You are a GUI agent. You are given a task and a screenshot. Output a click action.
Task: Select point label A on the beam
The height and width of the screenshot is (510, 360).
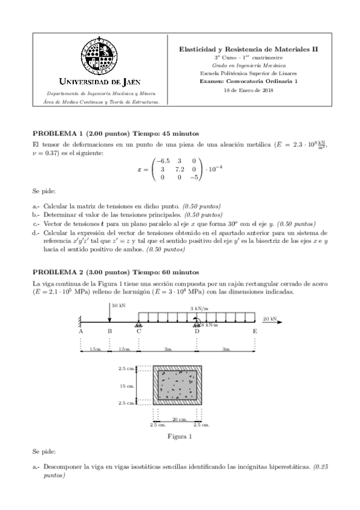(x=81, y=331)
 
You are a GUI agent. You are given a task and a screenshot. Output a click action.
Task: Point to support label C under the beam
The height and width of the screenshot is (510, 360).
(x=139, y=331)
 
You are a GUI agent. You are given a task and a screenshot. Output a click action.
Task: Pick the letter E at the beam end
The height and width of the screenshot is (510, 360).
(x=255, y=331)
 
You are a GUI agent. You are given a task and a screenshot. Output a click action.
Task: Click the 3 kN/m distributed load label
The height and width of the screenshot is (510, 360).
(x=200, y=309)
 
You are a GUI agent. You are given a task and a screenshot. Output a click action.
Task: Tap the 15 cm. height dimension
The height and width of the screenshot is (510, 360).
(x=126, y=386)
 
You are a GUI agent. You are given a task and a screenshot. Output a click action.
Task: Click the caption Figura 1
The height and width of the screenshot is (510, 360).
(x=180, y=437)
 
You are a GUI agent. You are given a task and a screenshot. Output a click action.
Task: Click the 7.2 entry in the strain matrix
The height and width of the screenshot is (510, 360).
(x=179, y=170)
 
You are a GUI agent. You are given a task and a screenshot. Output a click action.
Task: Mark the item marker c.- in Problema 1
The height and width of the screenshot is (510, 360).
(x=36, y=223)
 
